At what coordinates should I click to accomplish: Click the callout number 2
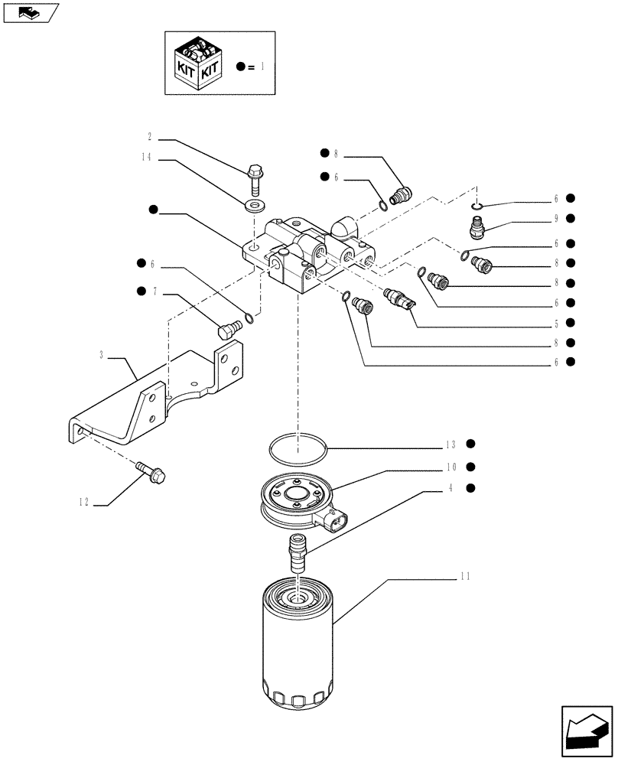(150, 138)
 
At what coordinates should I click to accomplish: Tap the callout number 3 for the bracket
(101, 355)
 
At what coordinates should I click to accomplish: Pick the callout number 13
(451, 444)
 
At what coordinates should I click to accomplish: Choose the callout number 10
(451, 467)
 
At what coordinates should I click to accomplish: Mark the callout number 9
(558, 219)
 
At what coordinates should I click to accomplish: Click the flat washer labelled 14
(253, 207)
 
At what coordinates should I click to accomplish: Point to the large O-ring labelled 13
(299, 449)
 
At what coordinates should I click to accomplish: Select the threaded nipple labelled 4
(296, 555)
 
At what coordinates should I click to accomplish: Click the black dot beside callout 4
(471, 488)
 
